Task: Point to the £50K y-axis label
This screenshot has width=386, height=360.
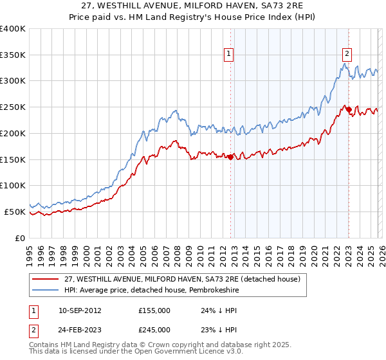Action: point(15,212)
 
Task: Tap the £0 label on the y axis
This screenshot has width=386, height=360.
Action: point(20,238)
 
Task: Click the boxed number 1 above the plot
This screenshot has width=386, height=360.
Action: point(230,55)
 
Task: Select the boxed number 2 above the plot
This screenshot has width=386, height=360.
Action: point(347,55)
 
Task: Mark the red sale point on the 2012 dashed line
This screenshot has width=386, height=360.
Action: point(230,156)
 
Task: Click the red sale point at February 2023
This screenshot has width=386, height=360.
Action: point(349,109)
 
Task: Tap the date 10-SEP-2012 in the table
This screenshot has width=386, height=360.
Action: point(78,310)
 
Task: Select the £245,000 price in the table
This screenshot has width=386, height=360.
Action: point(154,329)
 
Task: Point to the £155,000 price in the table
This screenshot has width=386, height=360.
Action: point(154,310)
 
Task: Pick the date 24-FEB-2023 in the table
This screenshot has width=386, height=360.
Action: point(78,329)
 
